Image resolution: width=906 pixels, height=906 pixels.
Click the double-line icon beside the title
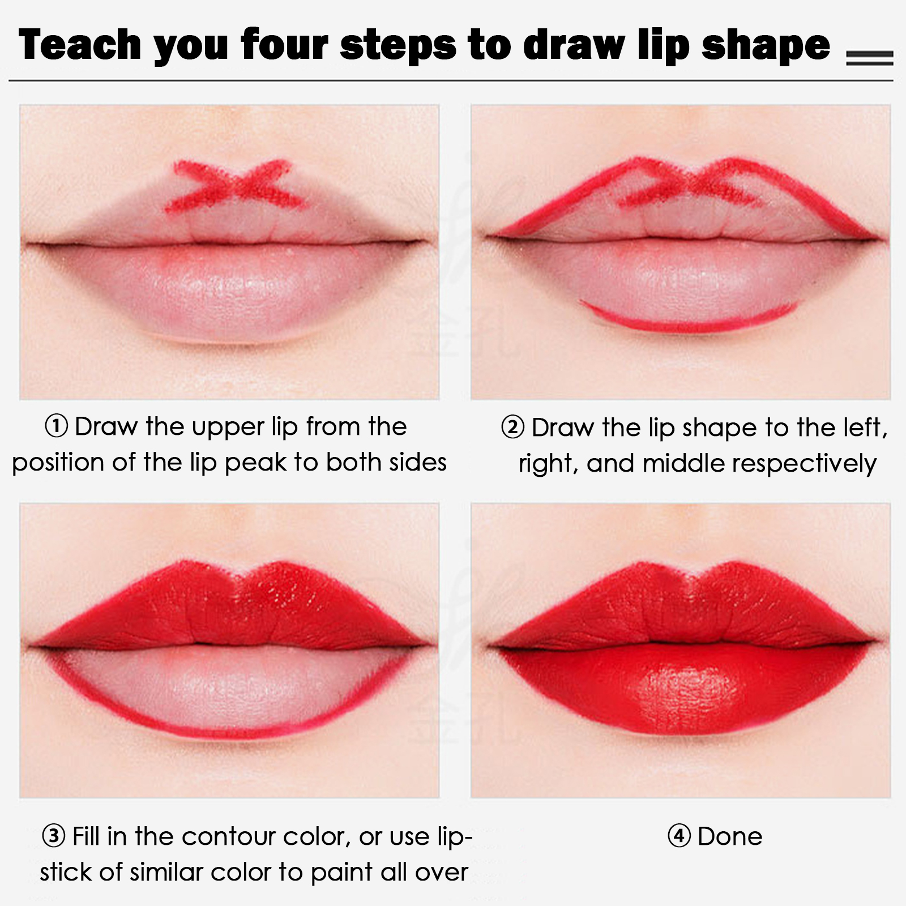point(870,58)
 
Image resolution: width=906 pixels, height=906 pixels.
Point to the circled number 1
point(56,426)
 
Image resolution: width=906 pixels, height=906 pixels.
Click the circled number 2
point(513,428)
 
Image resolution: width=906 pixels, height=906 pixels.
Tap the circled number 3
point(53,836)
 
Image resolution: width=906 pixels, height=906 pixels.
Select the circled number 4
point(679,836)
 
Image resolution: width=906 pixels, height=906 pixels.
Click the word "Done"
point(730,836)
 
